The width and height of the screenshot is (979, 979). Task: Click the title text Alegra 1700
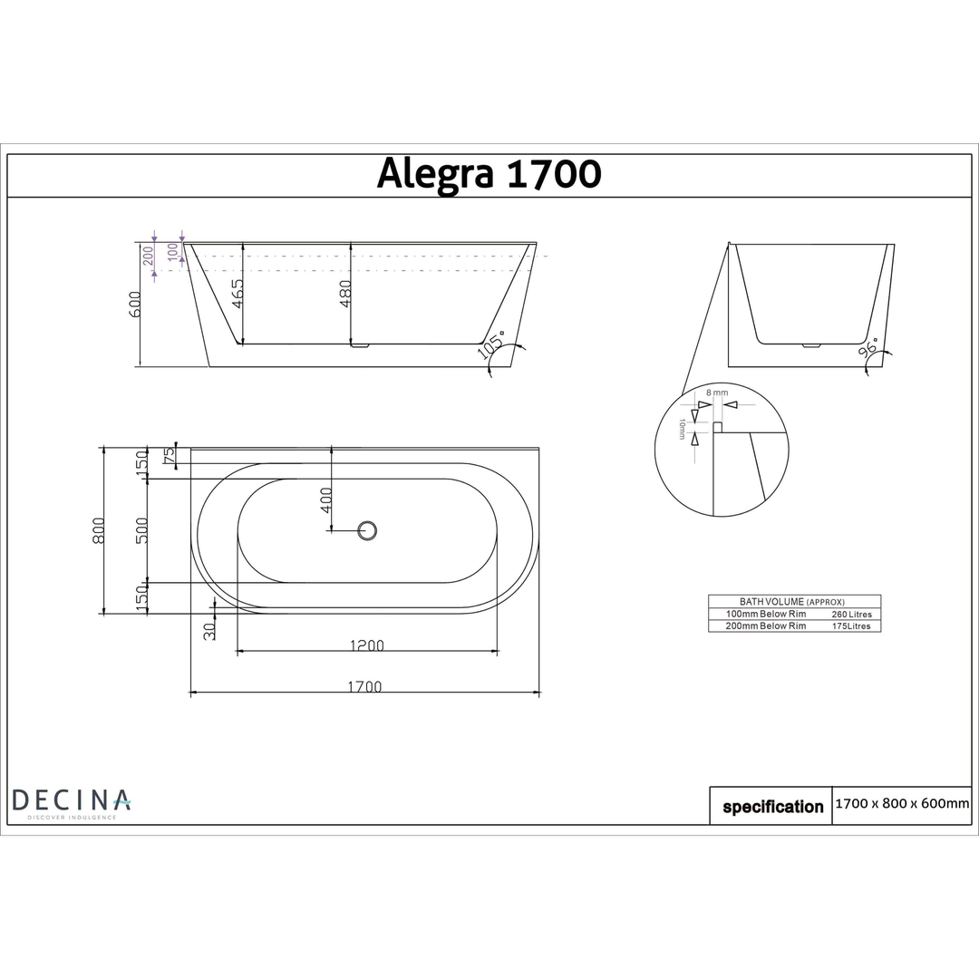pos(489,174)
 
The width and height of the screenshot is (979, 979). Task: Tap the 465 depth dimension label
pos(237,295)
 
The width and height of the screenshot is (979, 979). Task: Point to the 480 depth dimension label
pos(344,293)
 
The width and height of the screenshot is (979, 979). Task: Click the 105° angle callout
pos(495,347)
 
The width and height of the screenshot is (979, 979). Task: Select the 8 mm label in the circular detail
pos(717,393)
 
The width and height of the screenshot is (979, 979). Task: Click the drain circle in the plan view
pos(367,530)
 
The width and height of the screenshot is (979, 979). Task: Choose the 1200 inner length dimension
pos(367,645)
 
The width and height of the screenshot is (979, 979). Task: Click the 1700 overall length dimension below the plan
pos(364,686)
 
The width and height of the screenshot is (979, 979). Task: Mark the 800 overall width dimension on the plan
pos(99,530)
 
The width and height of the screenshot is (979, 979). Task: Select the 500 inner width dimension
pos(142,530)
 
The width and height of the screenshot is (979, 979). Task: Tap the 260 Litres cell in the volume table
pos(851,614)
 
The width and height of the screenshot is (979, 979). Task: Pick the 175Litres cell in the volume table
pos(851,625)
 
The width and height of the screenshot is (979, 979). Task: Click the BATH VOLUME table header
pos(780,601)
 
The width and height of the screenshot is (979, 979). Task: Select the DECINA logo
pos(71,801)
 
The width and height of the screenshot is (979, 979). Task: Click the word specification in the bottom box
pos(772,807)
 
